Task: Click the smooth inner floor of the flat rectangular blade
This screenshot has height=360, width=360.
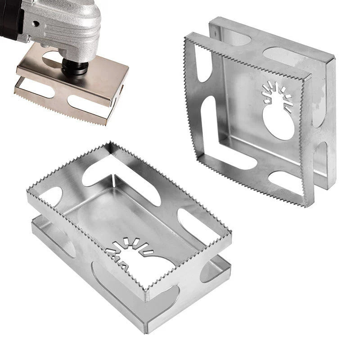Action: coord(130,211)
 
